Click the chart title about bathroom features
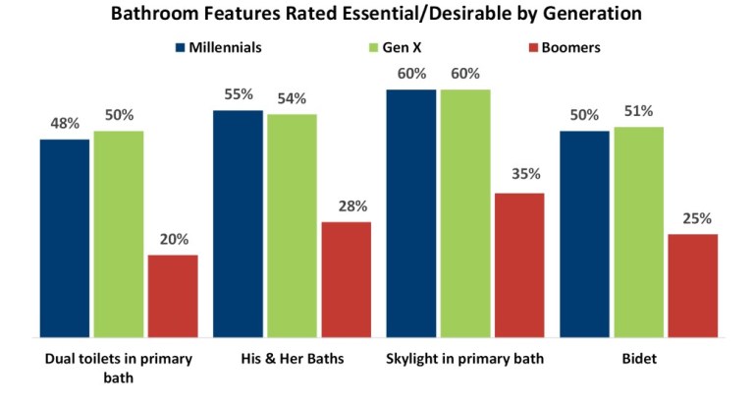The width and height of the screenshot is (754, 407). click(377, 16)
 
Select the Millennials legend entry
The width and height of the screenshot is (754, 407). click(225, 46)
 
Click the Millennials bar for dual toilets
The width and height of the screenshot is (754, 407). click(65, 239)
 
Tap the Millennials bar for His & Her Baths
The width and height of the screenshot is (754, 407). click(239, 224)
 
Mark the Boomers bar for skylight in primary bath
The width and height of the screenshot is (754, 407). click(519, 265)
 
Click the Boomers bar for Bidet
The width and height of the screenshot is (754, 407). click(693, 286)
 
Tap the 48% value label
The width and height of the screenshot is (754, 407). click(66, 125)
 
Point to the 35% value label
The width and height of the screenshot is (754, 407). click(519, 174)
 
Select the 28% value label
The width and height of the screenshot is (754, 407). click(347, 205)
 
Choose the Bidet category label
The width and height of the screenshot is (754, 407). click(638, 359)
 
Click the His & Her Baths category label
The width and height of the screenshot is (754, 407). click(293, 359)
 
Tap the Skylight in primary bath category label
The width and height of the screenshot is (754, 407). click(465, 359)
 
